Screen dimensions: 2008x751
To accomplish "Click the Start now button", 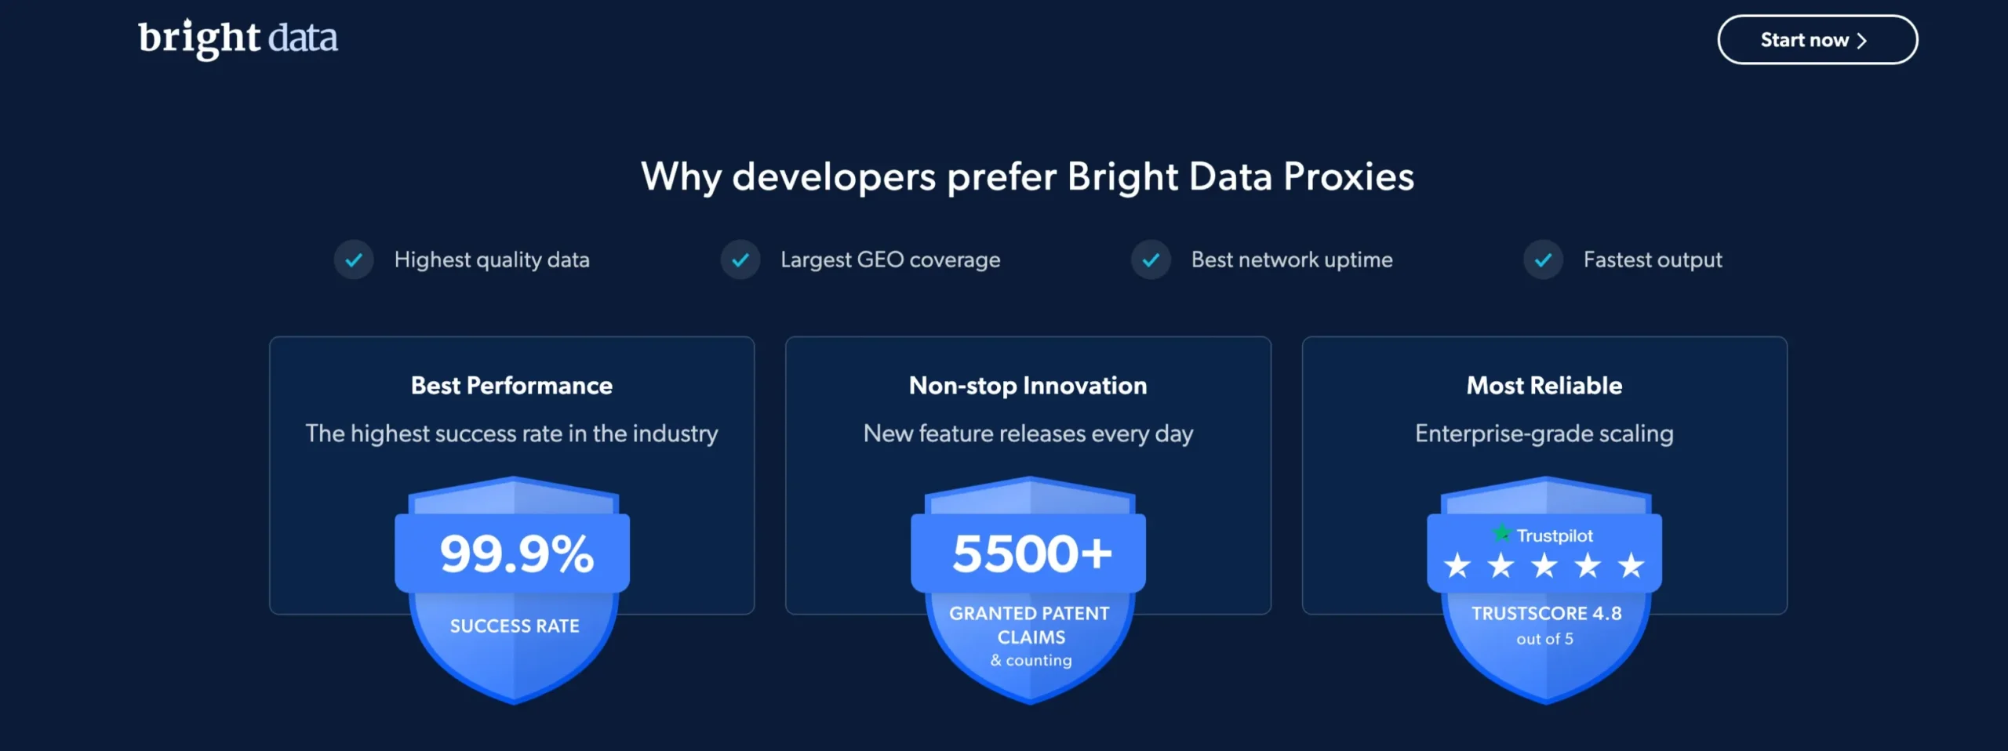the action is point(1817,40).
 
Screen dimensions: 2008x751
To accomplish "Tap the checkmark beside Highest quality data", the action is point(354,260).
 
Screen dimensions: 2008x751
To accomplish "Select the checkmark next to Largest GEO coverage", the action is point(740,260).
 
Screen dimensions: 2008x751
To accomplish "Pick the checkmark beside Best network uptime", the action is point(1151,260).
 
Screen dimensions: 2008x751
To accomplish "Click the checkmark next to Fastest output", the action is point(1543,260).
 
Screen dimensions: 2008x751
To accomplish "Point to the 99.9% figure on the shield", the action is point(517,553).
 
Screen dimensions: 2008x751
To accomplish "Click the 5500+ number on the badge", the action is point(1032,553).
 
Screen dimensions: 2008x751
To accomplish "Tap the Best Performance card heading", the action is point(511,386).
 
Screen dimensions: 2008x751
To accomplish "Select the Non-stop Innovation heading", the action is point(1028,386).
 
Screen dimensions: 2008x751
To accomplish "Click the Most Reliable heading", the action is point(1544,386).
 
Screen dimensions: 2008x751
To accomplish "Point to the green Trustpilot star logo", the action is point(1501,534).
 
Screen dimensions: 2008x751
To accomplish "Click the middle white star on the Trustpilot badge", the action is point(1544,565).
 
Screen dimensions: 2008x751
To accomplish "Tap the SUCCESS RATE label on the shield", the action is point(515,626).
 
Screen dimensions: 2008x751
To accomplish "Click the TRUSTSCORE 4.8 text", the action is point(1546,614).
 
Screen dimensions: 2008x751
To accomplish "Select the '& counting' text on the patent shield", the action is point(1031,661).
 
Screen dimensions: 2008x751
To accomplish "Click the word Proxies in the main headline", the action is point(1349,177).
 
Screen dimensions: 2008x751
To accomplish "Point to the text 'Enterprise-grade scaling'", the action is point(1544,434).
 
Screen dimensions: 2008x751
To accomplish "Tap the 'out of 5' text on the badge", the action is point(1544,640).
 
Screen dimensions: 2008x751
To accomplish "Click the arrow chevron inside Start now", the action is point(1861,41).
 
